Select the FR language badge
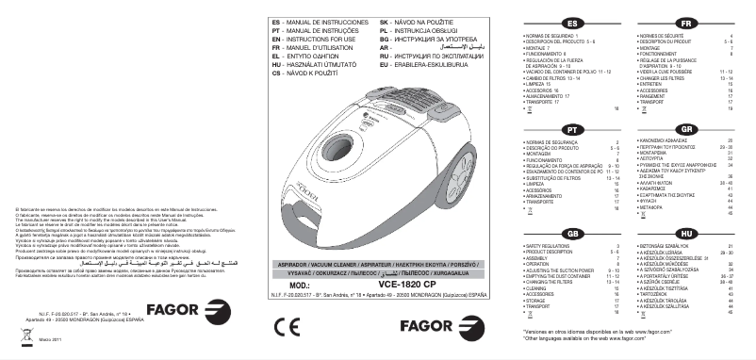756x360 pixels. (x=687, y=23)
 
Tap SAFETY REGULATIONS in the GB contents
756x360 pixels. (x=545, y=247)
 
